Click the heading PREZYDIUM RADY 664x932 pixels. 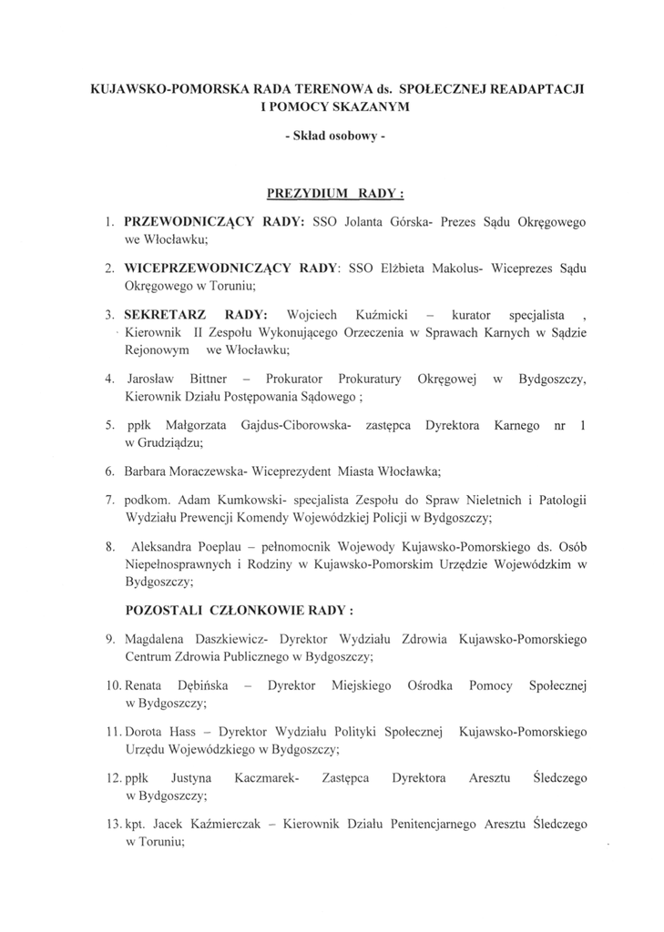pos(335,194)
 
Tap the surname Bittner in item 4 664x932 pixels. pos(209,379)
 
